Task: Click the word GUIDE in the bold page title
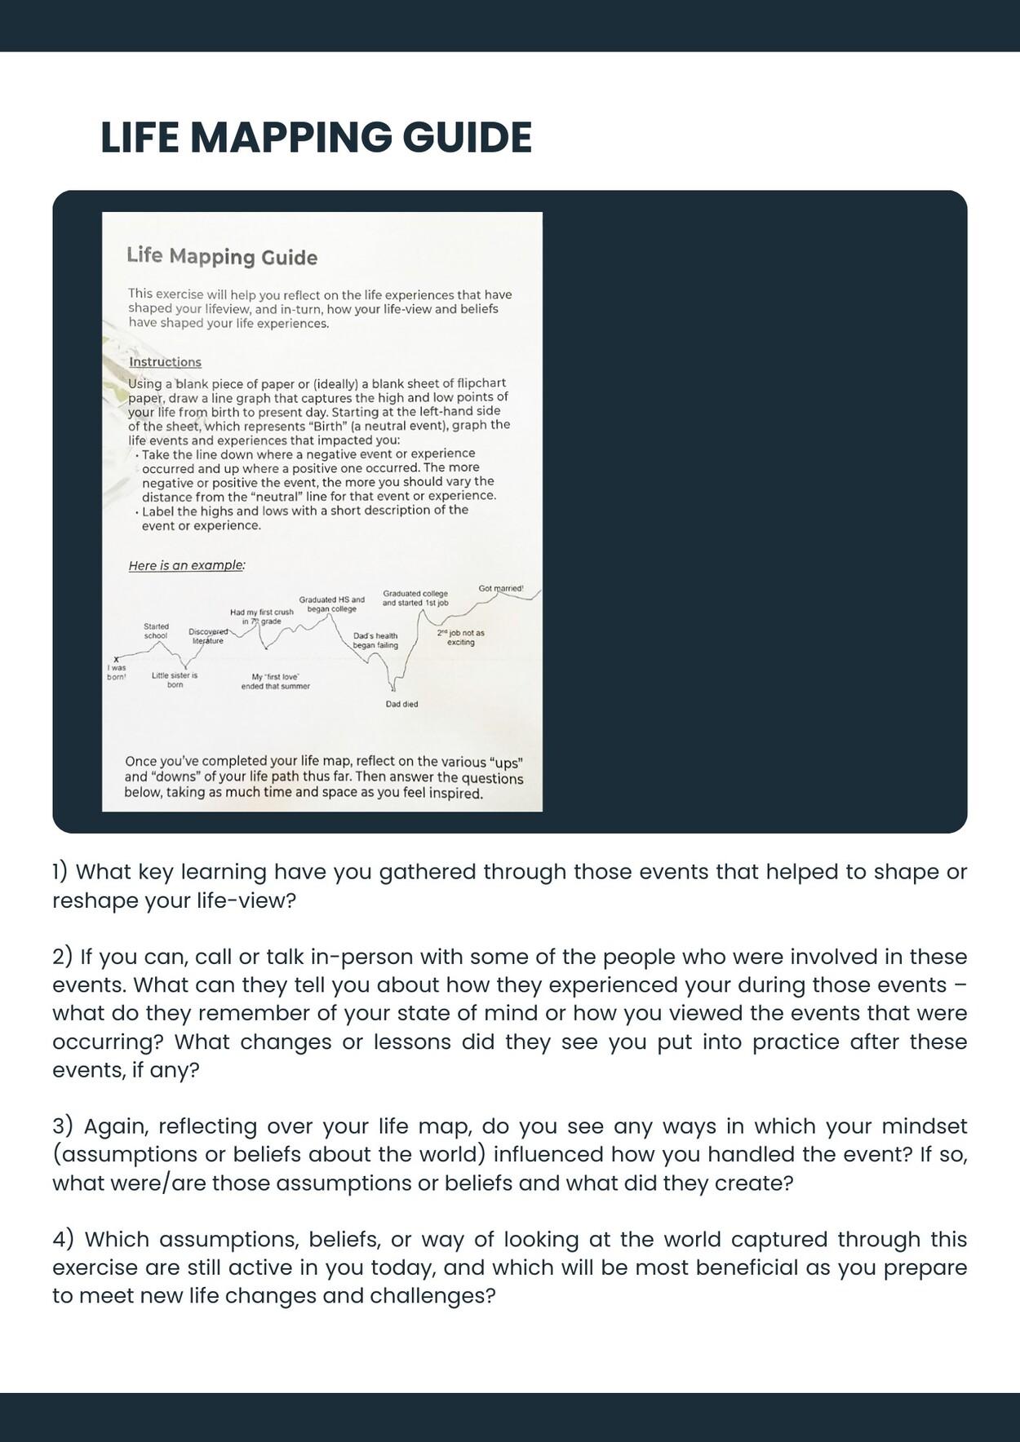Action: pos(467,137)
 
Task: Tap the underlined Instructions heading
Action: pos(165,362)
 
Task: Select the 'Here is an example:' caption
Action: pos(187,565)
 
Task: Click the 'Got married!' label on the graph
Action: pos(501,588)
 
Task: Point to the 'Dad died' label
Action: pos(401,704)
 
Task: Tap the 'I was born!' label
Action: pos(117,672)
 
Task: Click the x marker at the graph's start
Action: pos(117,659)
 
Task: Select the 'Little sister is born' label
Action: pos(175,679)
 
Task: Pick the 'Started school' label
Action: pos(156,630)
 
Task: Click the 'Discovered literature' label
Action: pos(207,636)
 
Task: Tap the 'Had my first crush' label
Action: pos(261,616)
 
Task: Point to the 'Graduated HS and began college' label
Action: pos(331,604)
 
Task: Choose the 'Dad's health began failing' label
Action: pos(375,640)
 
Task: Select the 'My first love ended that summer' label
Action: pos(275,681)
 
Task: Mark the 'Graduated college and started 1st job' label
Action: pos(415,598)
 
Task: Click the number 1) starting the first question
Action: pos(60,872)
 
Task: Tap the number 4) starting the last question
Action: pos(63,1240)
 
